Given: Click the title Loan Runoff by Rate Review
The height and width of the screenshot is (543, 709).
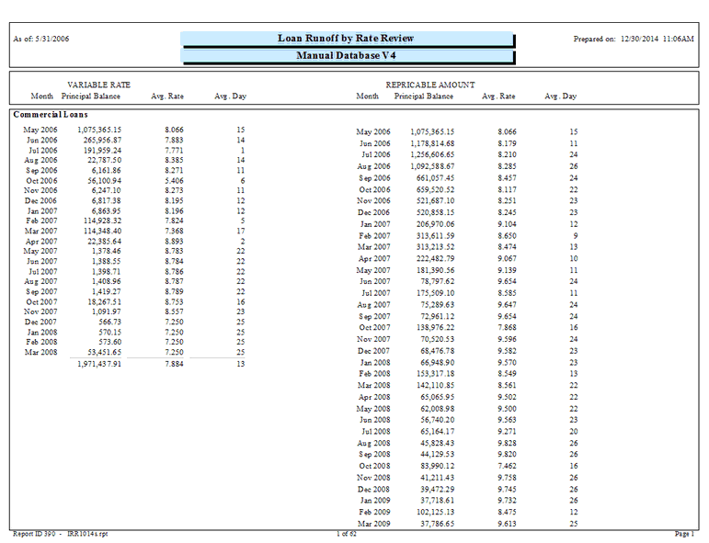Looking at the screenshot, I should (346, 39).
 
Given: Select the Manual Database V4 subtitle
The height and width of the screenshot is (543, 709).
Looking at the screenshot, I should (346, 56).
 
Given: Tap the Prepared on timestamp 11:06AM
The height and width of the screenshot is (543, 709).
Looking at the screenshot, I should (680, 40).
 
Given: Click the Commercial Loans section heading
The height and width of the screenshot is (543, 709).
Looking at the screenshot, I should (51, 115).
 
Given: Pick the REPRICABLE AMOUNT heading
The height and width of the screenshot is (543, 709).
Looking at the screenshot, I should (430, 85).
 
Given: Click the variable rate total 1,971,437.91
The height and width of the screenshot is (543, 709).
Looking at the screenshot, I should (99, 364).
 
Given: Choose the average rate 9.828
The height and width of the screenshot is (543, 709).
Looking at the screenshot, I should (507, 443).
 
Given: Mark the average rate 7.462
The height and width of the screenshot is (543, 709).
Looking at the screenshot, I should (507, 466).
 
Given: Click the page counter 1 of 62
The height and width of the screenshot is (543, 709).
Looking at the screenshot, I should (349, 534).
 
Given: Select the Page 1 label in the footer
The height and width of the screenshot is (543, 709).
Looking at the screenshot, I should (685, 534).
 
